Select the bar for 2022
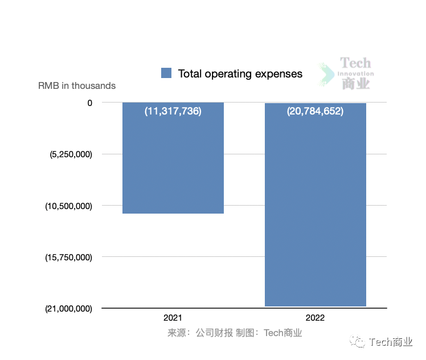(315, 211)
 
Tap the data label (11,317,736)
(173, 112)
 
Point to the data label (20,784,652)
(315, 112)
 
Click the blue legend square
(166, 73)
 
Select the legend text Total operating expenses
(240, 73)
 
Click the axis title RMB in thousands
(77, 86)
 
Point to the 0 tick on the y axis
(89, 103)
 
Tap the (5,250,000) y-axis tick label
(71, 154)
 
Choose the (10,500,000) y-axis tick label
(68, 206)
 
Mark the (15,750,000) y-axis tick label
(68, 257)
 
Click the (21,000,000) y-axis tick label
(68, 309)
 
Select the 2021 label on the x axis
(173, 318)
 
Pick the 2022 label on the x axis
(315, 318)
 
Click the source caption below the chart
(235, 333)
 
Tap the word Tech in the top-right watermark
(355, 63)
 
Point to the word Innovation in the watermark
(355, 74)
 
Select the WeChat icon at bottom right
(359, 341)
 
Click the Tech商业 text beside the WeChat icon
(391, 342)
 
